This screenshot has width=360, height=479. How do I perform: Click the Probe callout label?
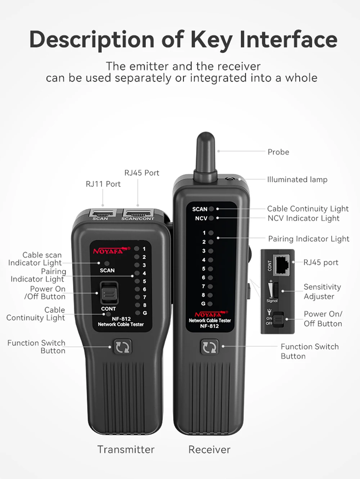tap(278, 152)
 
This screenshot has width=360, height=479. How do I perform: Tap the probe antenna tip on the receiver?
tap(206, 134)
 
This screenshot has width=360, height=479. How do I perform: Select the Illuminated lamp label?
tap(297, 179)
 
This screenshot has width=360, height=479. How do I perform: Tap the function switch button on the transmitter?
tap(123, 347)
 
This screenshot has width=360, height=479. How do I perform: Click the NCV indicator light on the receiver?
tap(211, 218)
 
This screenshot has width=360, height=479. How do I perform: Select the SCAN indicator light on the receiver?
tap(211, 209)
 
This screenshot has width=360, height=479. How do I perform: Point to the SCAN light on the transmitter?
tap(107, 263)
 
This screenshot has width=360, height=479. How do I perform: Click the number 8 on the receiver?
tap(203, 295)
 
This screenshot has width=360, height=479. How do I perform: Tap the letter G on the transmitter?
tap(145, 313)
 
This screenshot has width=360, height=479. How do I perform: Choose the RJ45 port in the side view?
tap(282, 265)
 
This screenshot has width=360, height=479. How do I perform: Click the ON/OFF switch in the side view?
tap(278, 319)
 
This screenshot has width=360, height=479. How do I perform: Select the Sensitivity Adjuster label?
tap(322, 292)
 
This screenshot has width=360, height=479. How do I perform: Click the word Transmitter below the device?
tap(126, 449)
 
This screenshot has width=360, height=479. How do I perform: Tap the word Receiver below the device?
tap(209, 449)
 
